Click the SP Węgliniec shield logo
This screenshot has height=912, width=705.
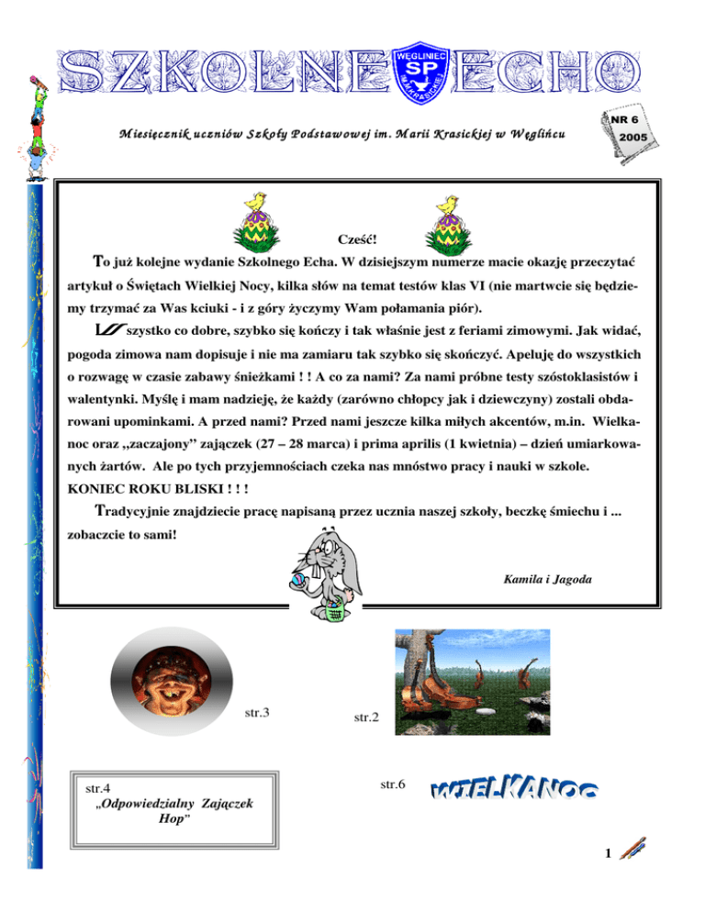(x=420, y=67)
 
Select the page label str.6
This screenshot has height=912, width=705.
(x=393, y=784)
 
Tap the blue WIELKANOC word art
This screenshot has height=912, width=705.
(x=514, y=792)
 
